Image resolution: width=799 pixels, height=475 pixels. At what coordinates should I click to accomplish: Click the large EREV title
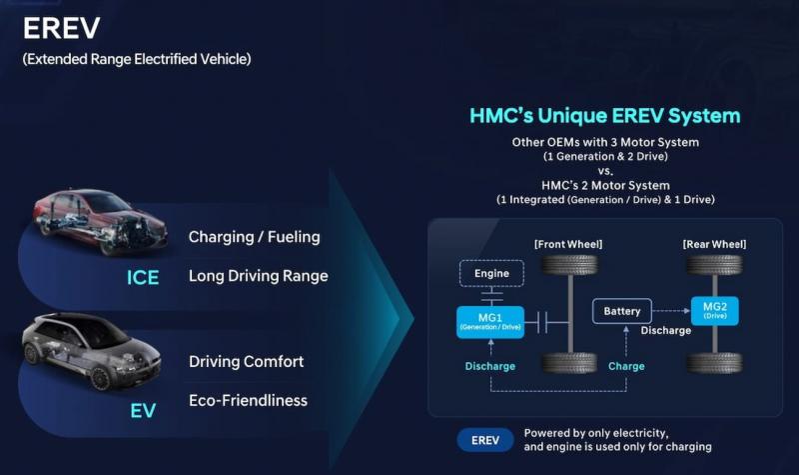point(61,28)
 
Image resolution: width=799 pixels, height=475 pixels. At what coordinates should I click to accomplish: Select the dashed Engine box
point(491,273)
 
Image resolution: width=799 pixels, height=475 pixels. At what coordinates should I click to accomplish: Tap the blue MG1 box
point(490,322)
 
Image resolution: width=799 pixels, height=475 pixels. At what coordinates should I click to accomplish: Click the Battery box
point(621,311)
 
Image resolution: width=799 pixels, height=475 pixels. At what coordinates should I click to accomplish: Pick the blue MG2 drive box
point(714,310)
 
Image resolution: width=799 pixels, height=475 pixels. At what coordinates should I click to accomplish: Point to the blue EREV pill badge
point(485,440)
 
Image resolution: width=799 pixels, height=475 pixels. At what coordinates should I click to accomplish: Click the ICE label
point(143,278)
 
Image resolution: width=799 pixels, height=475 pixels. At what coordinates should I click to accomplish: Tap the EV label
point(143,411)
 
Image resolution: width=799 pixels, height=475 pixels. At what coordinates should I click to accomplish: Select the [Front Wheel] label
point(568,244)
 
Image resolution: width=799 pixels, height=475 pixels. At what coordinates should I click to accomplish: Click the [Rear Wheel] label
point(714,244)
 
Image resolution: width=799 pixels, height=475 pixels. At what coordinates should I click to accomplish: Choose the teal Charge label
point(626,366)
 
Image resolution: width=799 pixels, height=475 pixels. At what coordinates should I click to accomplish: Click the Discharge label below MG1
point(490,366)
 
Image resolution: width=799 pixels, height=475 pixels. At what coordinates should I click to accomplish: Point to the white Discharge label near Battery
point(666,331)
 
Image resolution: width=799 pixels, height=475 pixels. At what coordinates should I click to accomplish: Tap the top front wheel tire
point(569,265)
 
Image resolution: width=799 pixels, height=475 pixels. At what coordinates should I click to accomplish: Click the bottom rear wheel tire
point(714,363)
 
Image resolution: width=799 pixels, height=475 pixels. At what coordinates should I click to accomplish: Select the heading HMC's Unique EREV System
point(605,116)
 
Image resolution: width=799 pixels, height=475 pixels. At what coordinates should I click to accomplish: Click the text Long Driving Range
point(259,276)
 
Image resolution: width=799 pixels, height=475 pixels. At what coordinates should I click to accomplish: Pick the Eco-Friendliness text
point(248,401)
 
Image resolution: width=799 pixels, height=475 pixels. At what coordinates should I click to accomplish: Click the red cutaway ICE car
point(100,221)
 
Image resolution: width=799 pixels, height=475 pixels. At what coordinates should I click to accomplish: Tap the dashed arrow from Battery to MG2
point(671,310)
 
